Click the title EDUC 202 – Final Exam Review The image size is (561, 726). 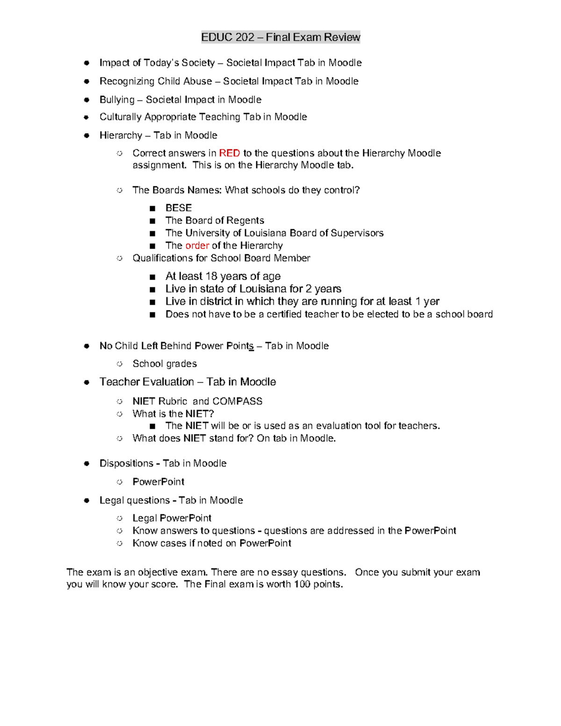(280, 37)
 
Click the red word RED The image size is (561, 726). (229, 153)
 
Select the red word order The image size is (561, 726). (197, 246)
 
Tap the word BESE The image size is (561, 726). (179, 208)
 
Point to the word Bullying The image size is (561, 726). (117, 100)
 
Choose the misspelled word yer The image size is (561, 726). (431, 302)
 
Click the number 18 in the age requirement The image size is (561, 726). (211, 276)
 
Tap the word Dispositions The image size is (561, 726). (126, 463)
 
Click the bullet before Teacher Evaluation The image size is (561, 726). (86, 382)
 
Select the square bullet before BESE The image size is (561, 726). (152, 208)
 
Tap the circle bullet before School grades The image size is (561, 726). (120, 364)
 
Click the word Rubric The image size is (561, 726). (173, 402)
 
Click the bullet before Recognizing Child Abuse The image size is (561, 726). (86, 81)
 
